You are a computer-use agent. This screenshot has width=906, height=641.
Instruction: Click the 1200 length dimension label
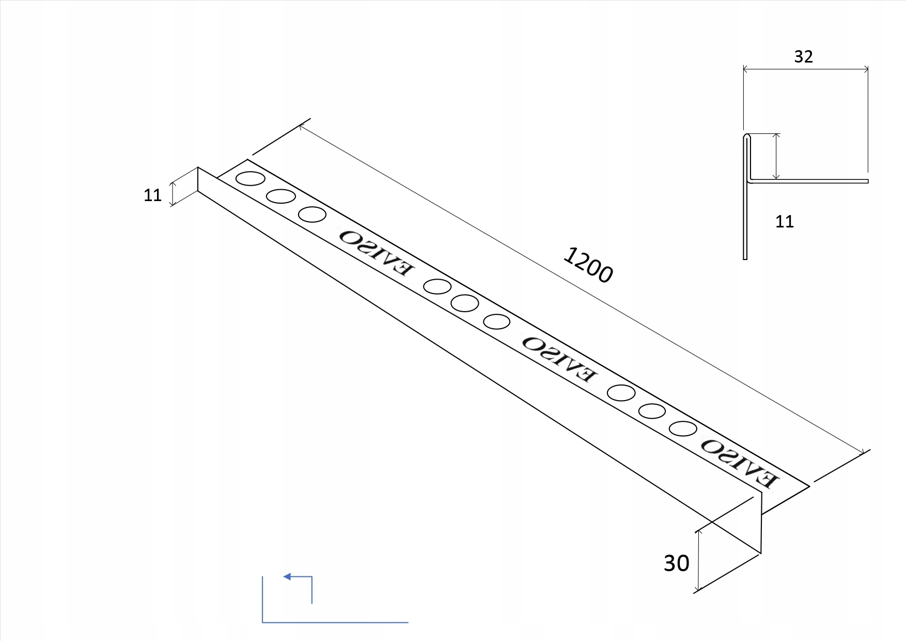click(x=588, y=265)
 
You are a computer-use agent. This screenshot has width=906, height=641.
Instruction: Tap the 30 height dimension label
click(x=676, y=563)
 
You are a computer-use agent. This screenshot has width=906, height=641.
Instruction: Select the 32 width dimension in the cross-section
click(x=803, y=56)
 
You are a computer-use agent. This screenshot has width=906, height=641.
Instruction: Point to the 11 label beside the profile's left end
click(x=152, y=195)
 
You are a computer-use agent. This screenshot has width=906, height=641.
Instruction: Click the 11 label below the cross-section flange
click(x=784, y=222)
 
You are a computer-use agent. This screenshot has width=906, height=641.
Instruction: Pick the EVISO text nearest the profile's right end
click(x=738, y=463)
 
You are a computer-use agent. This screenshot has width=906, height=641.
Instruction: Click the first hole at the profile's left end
click(x=251, y=179)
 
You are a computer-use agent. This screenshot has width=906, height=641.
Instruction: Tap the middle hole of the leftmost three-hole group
click(x=281, y=196)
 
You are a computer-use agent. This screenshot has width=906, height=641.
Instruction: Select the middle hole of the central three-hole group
click(x=464, y=303)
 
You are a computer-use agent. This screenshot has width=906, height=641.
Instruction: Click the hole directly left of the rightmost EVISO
click(x=683, y=429)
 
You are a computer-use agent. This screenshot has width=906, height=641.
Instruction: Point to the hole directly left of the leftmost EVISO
click(x=312, y=214)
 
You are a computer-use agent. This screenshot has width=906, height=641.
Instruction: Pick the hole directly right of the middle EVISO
click(x=621, y=393)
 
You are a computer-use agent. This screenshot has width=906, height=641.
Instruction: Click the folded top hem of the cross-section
click(x=746, y=137)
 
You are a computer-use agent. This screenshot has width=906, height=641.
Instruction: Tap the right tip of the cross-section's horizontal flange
click(x=867, y=181)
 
